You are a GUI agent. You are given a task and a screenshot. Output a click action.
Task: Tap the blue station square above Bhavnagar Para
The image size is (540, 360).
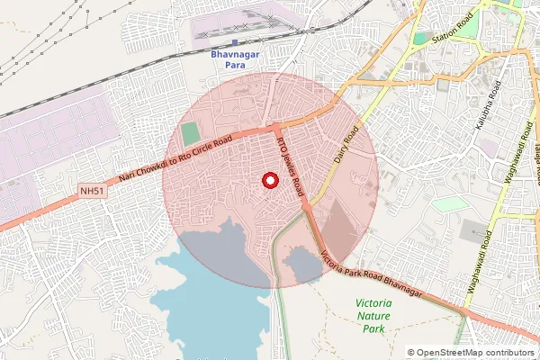click(x=234, y=41)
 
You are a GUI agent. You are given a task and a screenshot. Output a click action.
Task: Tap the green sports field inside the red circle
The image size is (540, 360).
click(x=189, y=132)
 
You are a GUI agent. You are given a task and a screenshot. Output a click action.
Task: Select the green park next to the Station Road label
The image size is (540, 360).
click(x=420, y=39)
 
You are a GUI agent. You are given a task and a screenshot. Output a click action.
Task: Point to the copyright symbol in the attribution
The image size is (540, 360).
click(x=411, y=353)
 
